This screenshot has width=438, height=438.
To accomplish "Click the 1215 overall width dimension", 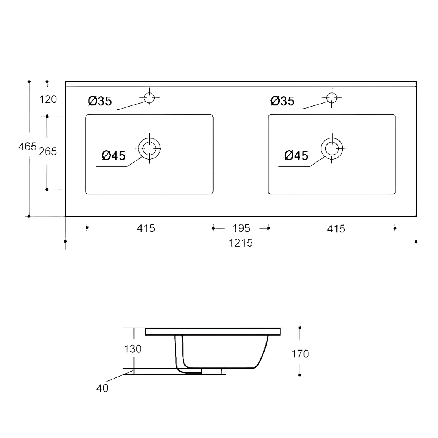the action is click(x=240, y=243).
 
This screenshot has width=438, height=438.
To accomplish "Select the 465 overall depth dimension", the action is click(x=27, y=147).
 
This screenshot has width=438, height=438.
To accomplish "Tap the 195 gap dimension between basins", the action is click(x=241, y=228).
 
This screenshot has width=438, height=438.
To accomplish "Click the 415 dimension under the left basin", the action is click(x=146, y=228).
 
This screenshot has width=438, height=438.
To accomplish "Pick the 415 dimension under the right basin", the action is click(x=336, y=229).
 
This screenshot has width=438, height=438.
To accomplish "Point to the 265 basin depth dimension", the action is click(x=48, y=151).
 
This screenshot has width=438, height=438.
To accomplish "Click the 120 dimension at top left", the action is click(x=48, y=99).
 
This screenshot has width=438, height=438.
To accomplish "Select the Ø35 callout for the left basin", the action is click(x=100, y=101).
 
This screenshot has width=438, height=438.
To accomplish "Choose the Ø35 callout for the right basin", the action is click(x=282, y=101).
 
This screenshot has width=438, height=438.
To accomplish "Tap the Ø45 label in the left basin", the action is click(x=114, y=156).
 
